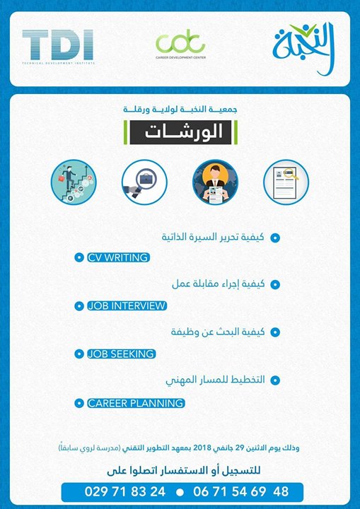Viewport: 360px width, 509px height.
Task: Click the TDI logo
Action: pyautogui.click(x=57, y=45)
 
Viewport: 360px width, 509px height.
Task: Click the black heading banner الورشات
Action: pyautogui.click(x=180, y=132)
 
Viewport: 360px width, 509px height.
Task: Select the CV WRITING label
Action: pyautogui.click(x=117, y=258)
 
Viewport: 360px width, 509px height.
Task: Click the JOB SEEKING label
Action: pyautogui.click(x=120, y=353)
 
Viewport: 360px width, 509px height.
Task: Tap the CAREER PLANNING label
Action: pyautogui.click(x=135, y=403)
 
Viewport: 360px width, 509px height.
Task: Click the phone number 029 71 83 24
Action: pyautogui.click(x=124, y=491)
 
